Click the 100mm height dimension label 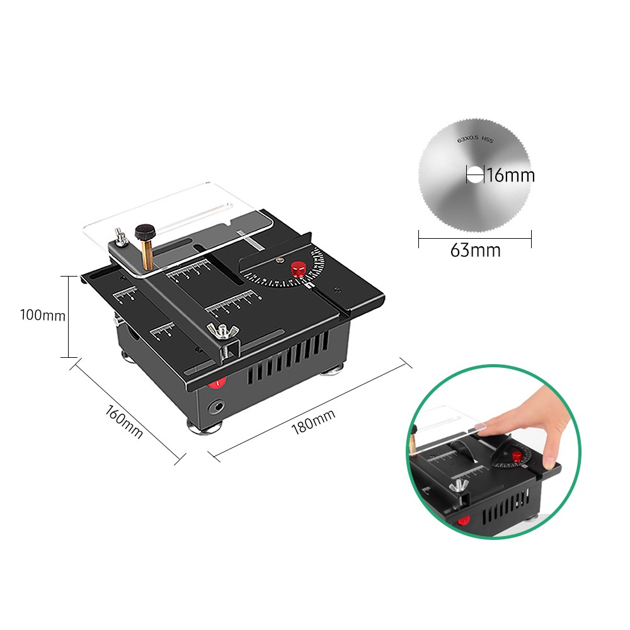point(42,315)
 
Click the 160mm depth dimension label point(124,423)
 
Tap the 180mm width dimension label point(313,421)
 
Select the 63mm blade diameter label point(475,251)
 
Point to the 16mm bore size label point(510,175)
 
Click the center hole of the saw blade point(474,175)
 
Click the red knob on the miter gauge point(298,270)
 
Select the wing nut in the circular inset point(459,486)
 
